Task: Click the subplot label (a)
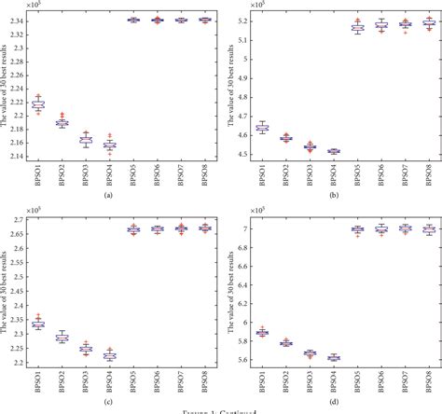pyautogui.click(x=110, y=196)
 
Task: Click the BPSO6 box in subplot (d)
pyautogui.click(x=380, y=228)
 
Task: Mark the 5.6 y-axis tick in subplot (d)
pyautogui.click(x=243, y=360)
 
